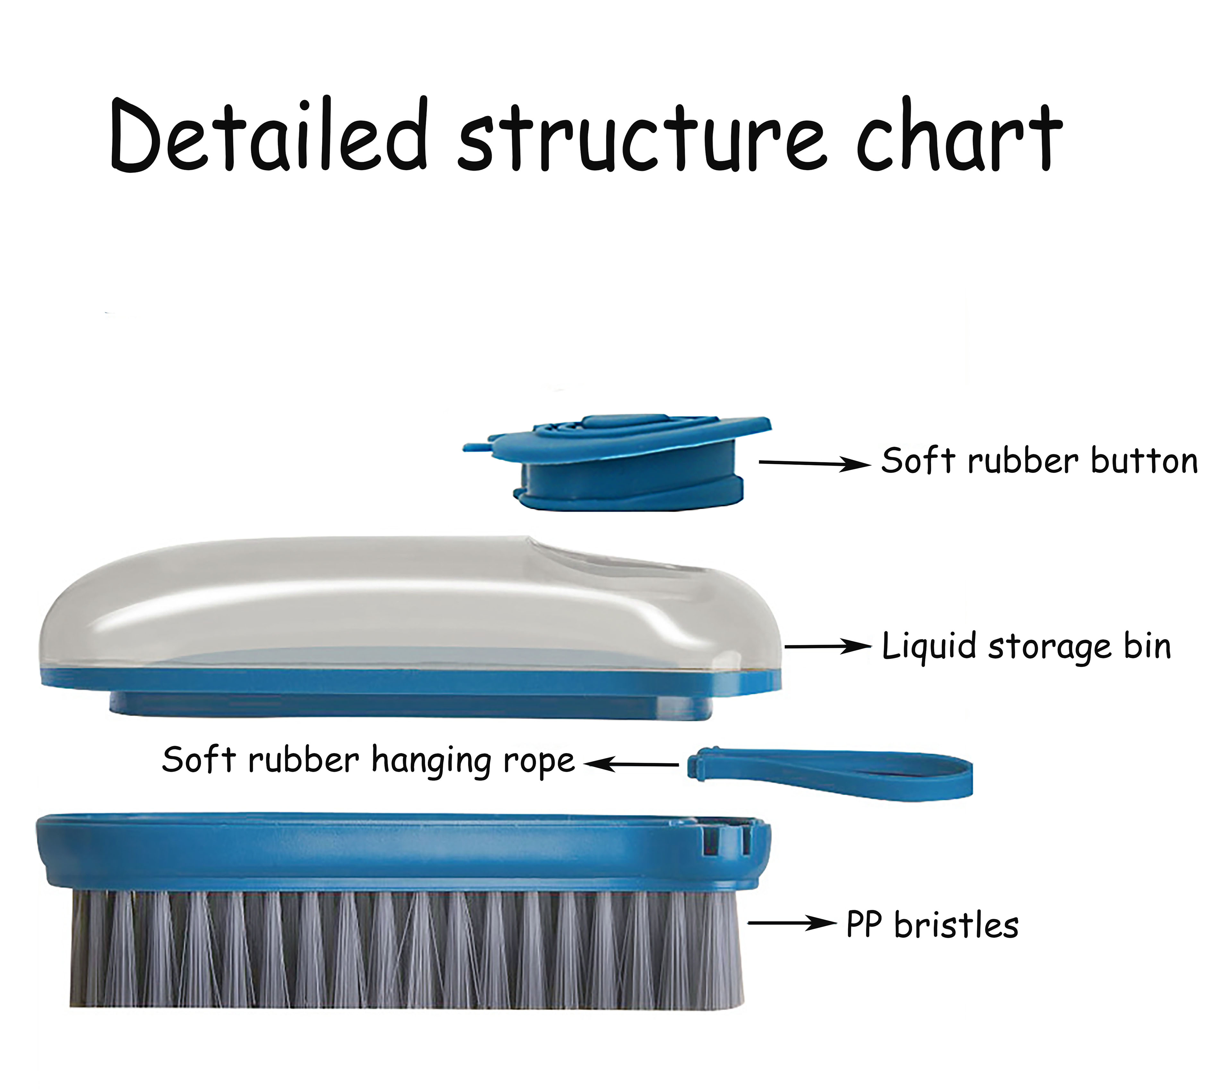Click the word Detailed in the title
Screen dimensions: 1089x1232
268,136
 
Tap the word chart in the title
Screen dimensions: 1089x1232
958,136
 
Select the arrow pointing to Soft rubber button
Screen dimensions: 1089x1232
814,463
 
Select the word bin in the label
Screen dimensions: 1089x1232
1147,646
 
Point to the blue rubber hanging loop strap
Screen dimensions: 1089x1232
832,773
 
